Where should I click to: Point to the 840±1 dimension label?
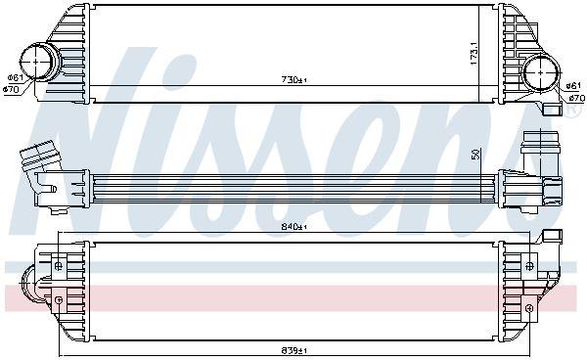[293, 227]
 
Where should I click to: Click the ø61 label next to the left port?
[15, 78]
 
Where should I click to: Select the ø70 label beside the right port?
[575, 99]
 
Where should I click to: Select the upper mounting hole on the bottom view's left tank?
[59, 265]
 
